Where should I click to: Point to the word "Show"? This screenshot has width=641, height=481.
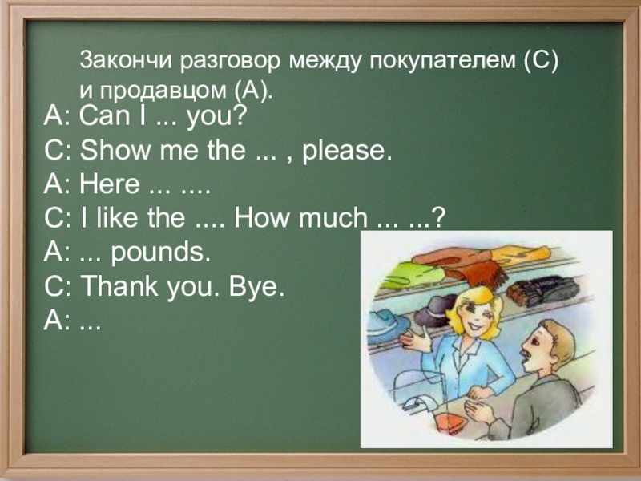110,151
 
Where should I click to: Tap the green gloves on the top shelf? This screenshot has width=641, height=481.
414,275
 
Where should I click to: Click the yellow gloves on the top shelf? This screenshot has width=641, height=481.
522,255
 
